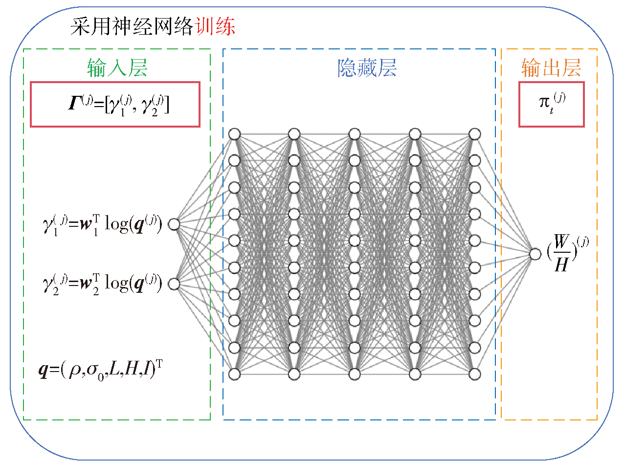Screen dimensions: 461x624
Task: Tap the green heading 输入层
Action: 117,68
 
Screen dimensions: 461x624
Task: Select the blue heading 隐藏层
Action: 367,68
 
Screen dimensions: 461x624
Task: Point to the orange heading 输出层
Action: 551,68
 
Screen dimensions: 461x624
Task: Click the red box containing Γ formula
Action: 115,104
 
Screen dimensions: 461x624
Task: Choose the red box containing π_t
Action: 551,104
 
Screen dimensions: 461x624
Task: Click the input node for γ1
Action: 174,224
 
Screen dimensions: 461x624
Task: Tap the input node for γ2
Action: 174,284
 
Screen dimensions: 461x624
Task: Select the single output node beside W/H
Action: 535,254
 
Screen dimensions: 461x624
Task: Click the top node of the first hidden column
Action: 234,134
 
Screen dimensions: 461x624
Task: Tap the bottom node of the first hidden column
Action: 234,374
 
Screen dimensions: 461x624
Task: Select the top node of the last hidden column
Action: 474,134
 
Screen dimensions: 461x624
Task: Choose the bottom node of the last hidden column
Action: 474,374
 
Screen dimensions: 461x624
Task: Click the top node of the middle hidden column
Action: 355,134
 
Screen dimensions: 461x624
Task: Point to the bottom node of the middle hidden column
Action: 355,374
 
